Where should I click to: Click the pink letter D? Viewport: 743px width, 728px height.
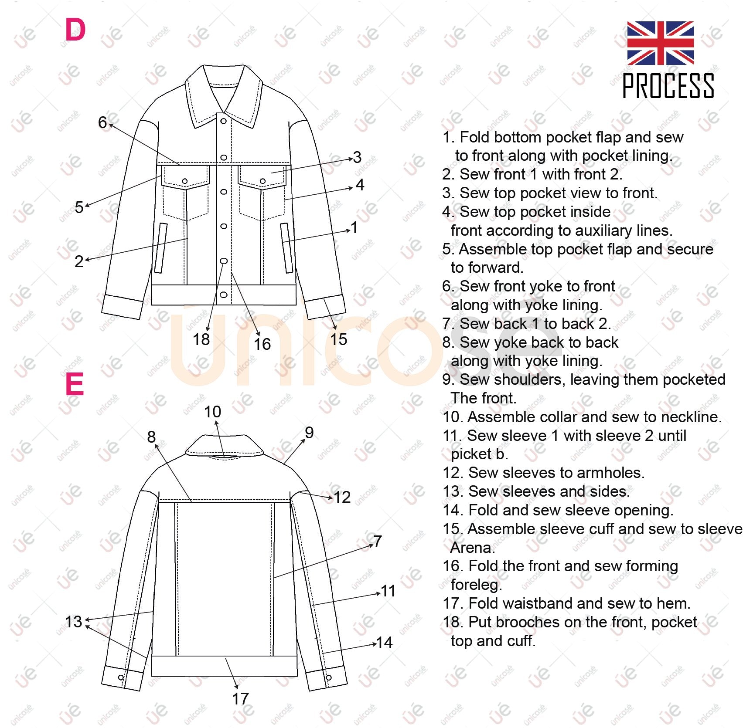75,30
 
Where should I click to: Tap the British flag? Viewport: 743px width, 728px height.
660,43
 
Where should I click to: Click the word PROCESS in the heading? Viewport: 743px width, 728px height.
668,86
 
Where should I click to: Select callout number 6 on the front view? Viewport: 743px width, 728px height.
102,122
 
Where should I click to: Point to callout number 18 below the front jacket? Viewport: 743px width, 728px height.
201,339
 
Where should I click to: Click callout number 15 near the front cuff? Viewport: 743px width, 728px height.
338,339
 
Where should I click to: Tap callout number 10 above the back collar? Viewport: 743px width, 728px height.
212,412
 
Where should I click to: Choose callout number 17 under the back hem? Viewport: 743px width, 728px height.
240,699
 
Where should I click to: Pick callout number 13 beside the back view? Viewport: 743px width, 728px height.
73,622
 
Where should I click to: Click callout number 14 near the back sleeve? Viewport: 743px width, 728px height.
384,643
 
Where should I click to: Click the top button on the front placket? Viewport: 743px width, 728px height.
223,121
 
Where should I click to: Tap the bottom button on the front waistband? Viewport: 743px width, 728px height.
224,295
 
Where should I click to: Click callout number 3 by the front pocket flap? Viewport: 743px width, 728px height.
357,157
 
